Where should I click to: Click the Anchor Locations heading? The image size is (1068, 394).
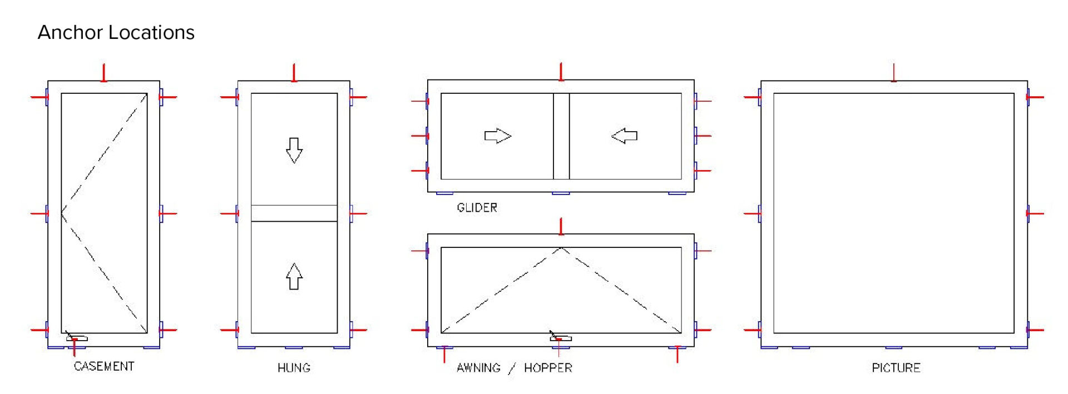click(x=116, y=32)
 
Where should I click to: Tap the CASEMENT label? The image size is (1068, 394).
click(x=104, y=366)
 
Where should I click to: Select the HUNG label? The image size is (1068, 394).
click(x=294, y=367)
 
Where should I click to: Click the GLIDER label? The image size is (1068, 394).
click(x=477, y=207)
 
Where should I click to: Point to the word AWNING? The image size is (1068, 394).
click(x=478, y=367)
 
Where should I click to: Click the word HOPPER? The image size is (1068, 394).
click(x=548, y=367)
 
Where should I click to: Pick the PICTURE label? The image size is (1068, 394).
click(x=896, y=367)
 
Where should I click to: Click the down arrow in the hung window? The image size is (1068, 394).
click(x=294, y=150)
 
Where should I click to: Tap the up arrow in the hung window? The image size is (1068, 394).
click(x=294, y=276)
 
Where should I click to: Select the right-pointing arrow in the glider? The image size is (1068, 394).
click(x=497, y=136)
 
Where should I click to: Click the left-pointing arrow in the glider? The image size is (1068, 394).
click(x=624, y=136)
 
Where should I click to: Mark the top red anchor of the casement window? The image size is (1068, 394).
click(x=103, y=73)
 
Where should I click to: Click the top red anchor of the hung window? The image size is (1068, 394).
click(x=294, y=73)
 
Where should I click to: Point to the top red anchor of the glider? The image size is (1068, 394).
click(x=561, y=72)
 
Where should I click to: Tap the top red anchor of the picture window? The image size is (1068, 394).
click(x=893, y=73)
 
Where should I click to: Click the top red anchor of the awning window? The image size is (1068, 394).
click(x=561, y=226)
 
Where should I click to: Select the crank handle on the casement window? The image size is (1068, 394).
click(x=77, y=338)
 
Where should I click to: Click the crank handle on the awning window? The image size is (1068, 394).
click(x=560, y=338)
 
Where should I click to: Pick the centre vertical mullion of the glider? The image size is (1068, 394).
click(x=561, y=136)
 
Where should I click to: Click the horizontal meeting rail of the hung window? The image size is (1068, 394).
click(x=294, y=213)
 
